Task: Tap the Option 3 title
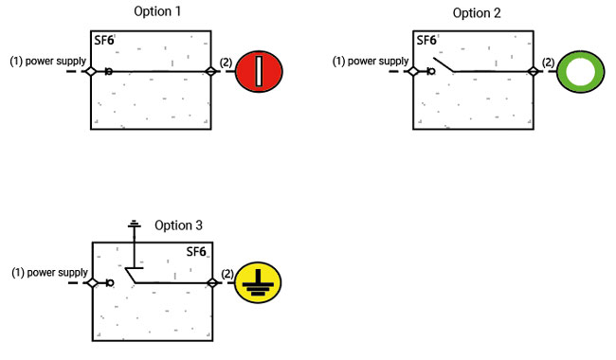[x=178, y=225]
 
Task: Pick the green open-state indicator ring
[x=579, y=72]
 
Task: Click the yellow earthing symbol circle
[x=258, y=281]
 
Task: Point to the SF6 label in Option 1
[x=104, y=42]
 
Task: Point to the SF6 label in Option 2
[x=426, y=41]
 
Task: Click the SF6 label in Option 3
[x=196, y=252]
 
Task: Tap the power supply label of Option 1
[x=47, y=63]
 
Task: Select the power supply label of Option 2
[x=370, y=63]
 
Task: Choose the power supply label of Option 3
[x=49, y=273]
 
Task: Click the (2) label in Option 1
[x=226, y=63]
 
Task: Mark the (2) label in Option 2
[x=548, y=63]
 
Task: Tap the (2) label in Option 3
[x=226, y=273]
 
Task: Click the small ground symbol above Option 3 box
[x=134, y=225]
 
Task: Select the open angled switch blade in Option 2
[x=444, y=64]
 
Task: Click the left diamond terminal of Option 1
[x=91, y=72]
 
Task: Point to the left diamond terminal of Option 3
[x=92, y=282]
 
